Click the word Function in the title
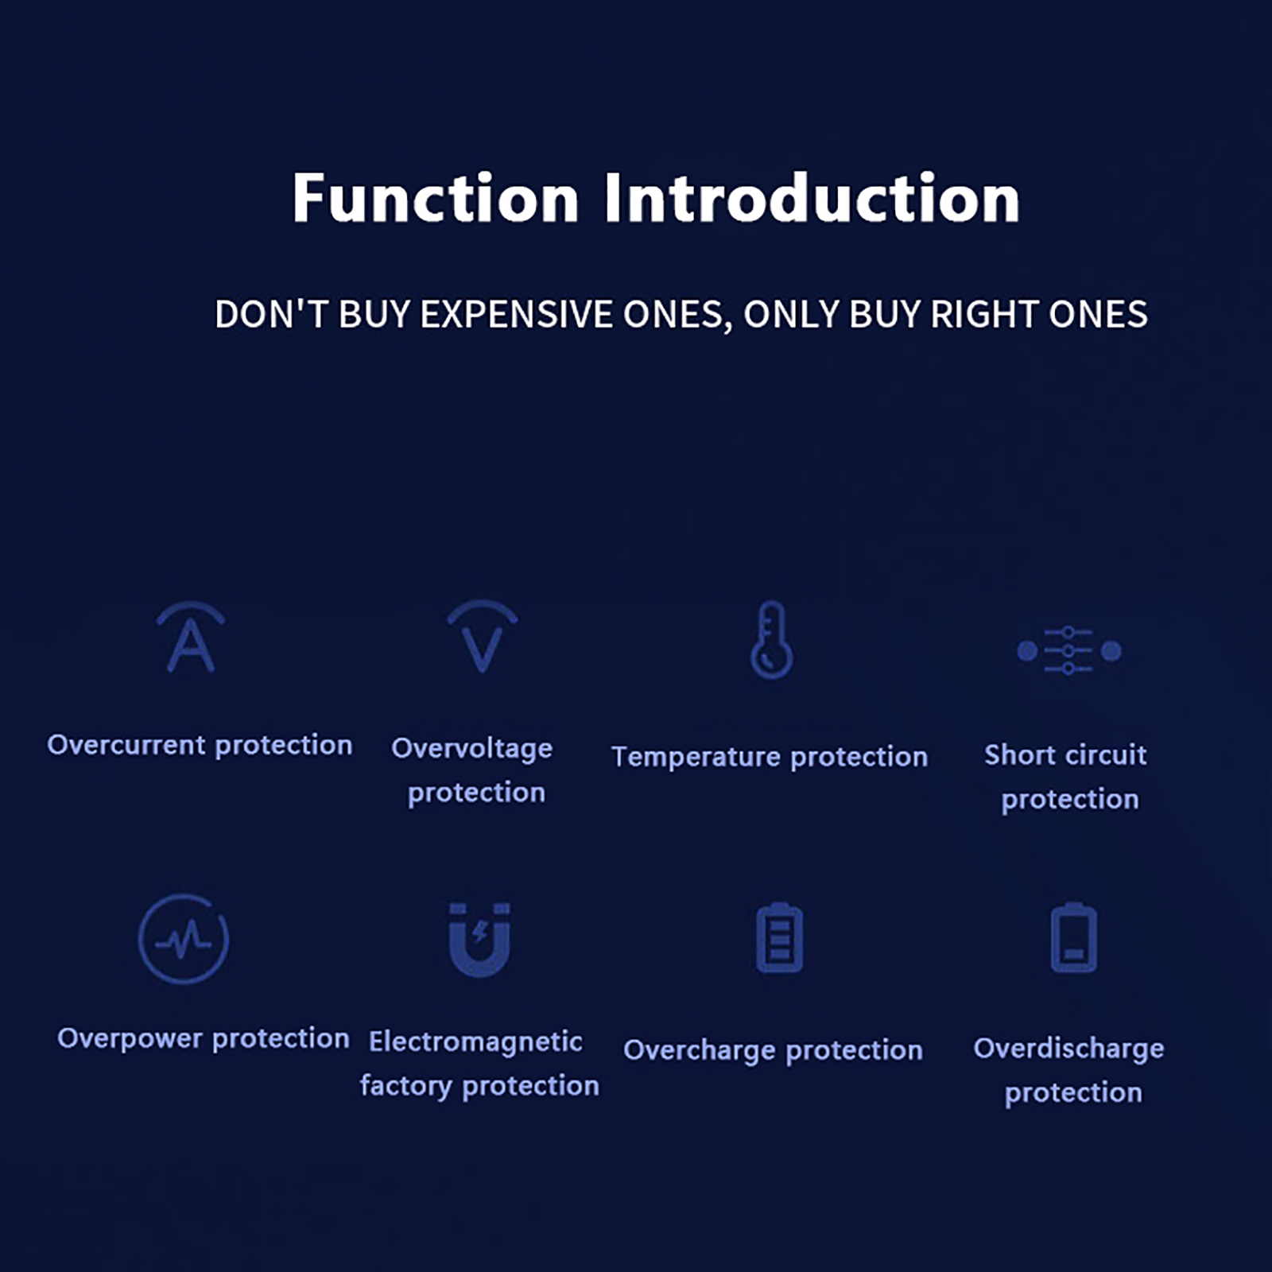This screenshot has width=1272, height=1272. point(435,198)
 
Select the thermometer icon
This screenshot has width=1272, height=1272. point(771,640)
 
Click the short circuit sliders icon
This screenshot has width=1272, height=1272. point(1068,650)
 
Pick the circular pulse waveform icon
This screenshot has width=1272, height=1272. point(184,939)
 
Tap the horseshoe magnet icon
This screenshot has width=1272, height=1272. point(479,940)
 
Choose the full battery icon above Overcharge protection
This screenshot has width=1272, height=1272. point(779,937)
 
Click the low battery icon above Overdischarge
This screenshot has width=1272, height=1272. point(1074,937)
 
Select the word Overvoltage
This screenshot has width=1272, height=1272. point(472,749)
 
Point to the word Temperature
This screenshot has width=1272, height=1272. point(696,757)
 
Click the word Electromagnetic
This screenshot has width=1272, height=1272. point(475,1041)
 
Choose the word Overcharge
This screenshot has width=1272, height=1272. point(700,1050)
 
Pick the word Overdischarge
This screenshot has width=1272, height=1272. point(1068,1049)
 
